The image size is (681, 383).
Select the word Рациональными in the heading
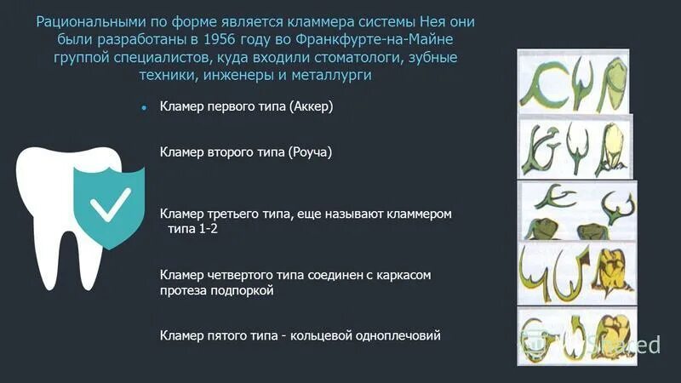click(x=85, y=20)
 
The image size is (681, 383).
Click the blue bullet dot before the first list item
click(x=145, y=108)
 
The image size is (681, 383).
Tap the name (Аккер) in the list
click(x=311, y=107)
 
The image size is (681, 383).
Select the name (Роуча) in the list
click(x=310, y=152)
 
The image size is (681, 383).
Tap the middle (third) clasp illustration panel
click(x=578, y=210)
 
